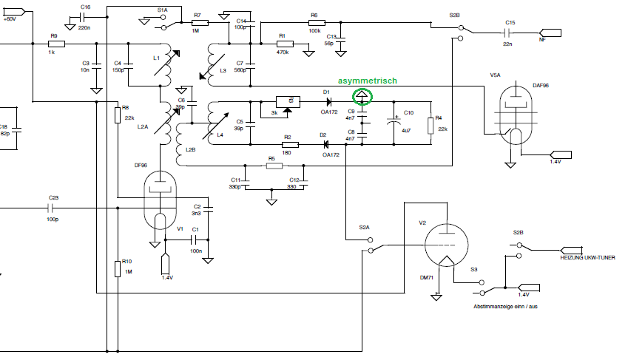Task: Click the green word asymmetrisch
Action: point(368,80)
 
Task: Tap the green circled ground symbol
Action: point(362,95)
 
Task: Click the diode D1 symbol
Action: point(326,101)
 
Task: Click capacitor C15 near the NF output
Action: point(509,33)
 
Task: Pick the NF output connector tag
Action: point(552,33)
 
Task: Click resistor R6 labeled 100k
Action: point(315,24)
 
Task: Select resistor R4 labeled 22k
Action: point(430,123)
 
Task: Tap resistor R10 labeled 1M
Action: point(117,268)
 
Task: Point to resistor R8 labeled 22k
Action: point(117,115)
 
